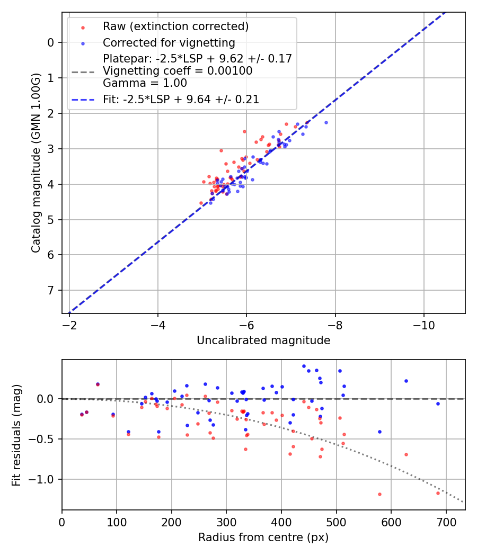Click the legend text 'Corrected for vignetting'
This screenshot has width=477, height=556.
pyautogui.click(x=169, y=42)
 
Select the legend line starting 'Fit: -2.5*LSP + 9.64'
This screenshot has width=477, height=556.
pyautogui.click(x=181, y=99)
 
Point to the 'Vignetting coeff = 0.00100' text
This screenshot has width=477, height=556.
pyautogui.click(x=178, y=70)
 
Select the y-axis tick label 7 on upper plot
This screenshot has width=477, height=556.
pyautogui.click(x=51, y=290)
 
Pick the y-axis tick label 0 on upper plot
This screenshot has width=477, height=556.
pyautogui.click(x=51, y=42)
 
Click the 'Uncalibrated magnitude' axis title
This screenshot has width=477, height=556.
pyautogui.click(x=263, y=340)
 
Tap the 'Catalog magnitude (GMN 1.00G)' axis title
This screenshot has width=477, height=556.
pyautogui.click(x=36, y=163)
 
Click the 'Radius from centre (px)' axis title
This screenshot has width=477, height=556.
pyautogui.click(x=263, y=537)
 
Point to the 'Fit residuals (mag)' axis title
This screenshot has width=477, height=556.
pyautogui.click(x=16, y=435)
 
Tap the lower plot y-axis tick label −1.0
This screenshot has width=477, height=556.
pyautogui.click(x=45, y=479)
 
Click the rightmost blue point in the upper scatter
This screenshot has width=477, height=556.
pyautogui.click(x=326, y=122)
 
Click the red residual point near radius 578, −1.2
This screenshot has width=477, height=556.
pyautogui.click(x=379, y=494)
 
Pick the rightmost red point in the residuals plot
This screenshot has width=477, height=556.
pyautogui.click(x=438, y=493)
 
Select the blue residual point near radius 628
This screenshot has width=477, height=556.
pyautogui.click(x=406, y=381)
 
